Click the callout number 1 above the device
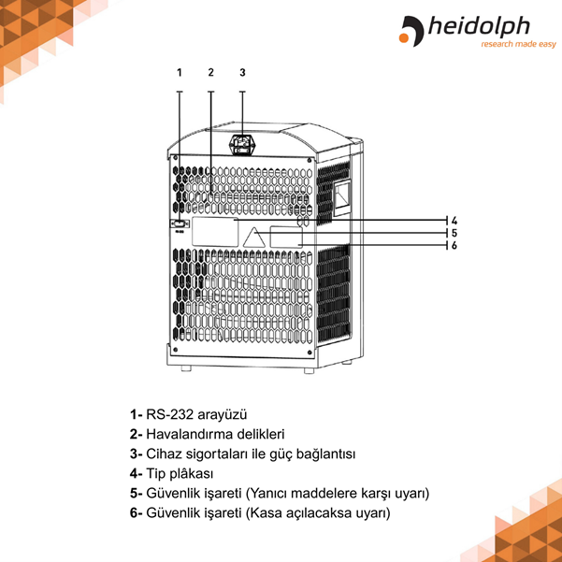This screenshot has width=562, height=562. [180, 72]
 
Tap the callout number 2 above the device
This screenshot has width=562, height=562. [211, 72]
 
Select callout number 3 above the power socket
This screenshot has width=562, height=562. [242, 72]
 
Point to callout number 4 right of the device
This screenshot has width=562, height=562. [453, 221]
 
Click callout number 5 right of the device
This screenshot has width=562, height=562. [453, 234]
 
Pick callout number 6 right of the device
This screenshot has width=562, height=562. [453, 246]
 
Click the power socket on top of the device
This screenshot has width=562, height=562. [242, 145]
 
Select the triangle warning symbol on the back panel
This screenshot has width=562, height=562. [253, 237]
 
